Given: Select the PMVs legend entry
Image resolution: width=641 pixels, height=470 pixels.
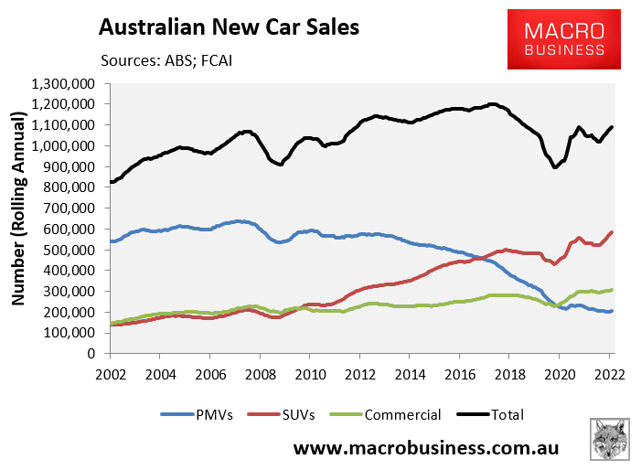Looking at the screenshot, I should pyautogui.click(x=211, y=414).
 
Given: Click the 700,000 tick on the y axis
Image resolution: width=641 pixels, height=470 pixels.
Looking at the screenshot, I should pyautogui.click(x=74, y=208).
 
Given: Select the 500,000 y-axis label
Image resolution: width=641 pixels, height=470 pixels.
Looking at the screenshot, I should pyautogui.click(x=74, y=250).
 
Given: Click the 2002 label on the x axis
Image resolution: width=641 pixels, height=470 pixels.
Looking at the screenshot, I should pyautogui.click(x=110, y=373).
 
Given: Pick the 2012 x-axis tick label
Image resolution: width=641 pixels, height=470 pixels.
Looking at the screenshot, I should pyautogui.click(x=359, y=373).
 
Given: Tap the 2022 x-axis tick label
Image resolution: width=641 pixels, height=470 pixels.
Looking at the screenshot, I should pyautogui.click(x=608, y=373).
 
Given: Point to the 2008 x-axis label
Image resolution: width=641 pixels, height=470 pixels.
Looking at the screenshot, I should pyautogui.click(x=260, y=373).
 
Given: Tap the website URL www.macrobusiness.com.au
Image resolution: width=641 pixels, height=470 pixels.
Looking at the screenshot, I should pyautogui.click(x=425, y=449).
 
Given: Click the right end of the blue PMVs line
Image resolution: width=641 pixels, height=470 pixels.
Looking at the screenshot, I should pyautogui.click(x=612, y=311).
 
